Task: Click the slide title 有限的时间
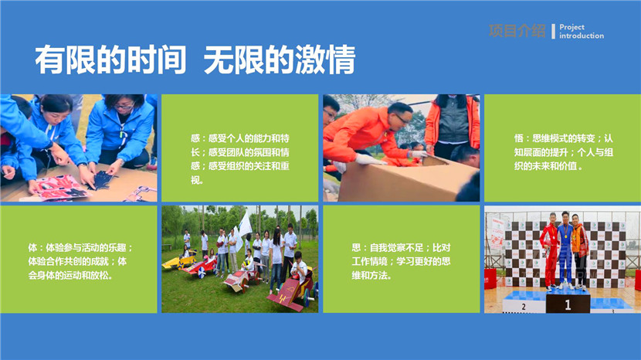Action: tap(110, 60)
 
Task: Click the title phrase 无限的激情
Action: tap(280, 60)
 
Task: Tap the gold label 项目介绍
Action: tap(517, 31)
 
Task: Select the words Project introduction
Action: tap(582, 32)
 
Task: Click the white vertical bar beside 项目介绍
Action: tap(553, 31)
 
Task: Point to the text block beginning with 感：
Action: tap(240, 159)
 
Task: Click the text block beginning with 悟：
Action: tap(563, 152)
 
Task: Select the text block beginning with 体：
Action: tap(80, 261)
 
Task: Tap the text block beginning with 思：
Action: tap(401, 261)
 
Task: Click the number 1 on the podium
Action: tap(568, 304)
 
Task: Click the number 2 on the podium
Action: tap(524, 307)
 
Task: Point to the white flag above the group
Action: tap(245, 225)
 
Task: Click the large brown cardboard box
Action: tap(405, 179)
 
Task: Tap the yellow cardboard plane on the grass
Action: tap(178, 262)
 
